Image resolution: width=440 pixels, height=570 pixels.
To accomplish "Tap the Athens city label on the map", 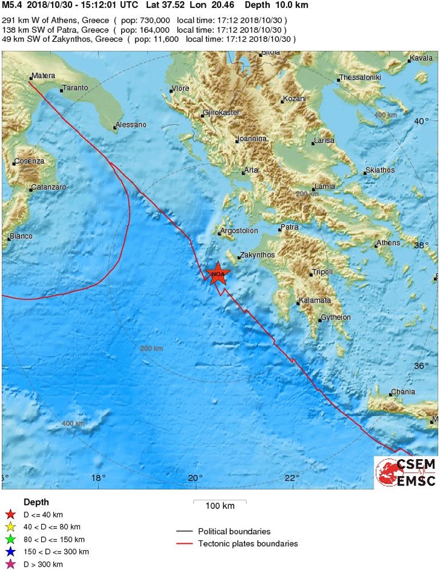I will (389, 243).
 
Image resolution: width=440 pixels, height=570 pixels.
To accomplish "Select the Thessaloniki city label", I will (360, 78).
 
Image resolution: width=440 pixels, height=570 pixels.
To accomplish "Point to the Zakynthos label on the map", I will (257, 255).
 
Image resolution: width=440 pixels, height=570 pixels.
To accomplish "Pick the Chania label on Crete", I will (403, 392).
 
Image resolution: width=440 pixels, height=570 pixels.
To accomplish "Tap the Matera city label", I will (43, 75).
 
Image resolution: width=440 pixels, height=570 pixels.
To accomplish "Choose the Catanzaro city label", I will (49, 187).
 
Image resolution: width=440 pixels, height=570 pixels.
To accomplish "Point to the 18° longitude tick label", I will (98, 479).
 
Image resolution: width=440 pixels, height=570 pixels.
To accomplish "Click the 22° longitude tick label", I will (293, 479).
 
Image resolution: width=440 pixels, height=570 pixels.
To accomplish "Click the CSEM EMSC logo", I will (406, 472).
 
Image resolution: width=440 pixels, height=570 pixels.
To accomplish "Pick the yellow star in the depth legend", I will (10, 527).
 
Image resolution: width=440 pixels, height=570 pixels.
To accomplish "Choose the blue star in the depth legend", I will (10, 552).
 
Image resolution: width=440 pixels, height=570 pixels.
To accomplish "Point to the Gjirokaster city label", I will (222, 113).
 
